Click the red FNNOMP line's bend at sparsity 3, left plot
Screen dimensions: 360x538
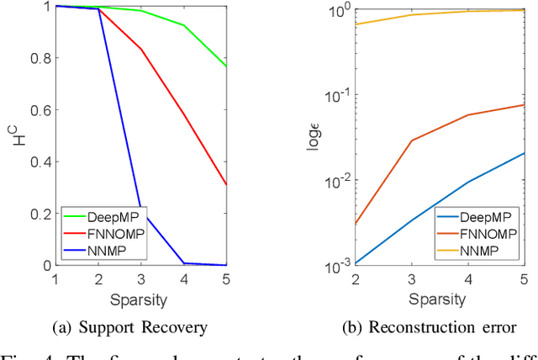[140, 50]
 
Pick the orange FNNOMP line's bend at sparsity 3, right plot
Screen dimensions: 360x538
[411, 140]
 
